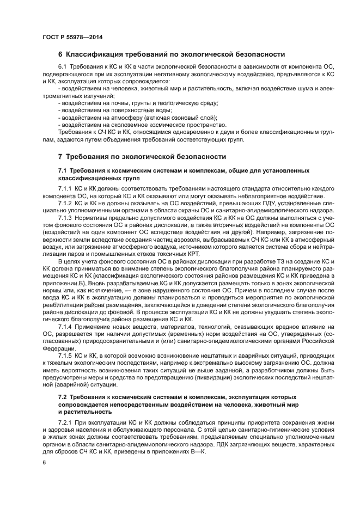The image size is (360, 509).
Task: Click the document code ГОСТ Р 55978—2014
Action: coord(72,37)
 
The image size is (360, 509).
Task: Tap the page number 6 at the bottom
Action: coord(44,463)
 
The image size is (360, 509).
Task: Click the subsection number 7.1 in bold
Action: coord(62,170)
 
